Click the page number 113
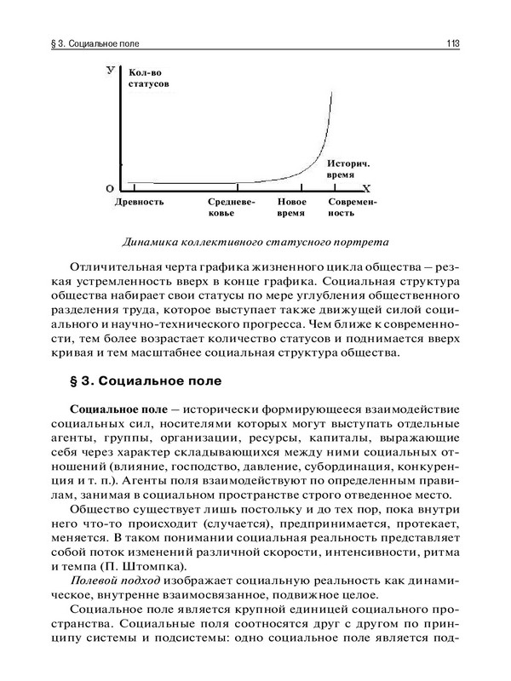tap(452, 42)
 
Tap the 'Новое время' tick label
tap(293, 208)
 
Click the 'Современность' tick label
tap(352, 208)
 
